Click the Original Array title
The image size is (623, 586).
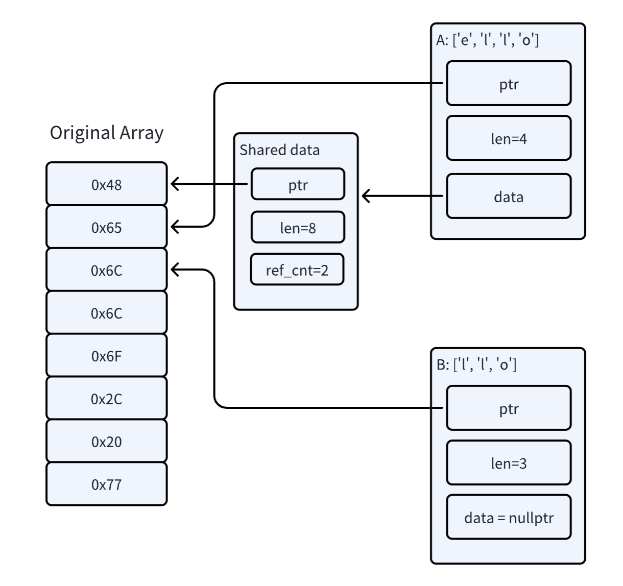[107, 133]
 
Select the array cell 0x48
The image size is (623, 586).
[107, 184]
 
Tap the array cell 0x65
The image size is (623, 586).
[107, 227]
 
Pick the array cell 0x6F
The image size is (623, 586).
[107, 356]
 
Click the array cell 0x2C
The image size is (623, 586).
[107, 399]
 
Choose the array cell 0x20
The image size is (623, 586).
[107, 442]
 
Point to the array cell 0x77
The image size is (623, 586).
[107, 484]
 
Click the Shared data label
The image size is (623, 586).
[279, 150]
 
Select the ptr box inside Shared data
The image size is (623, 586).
[298, 184]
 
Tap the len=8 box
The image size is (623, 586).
[298, 228]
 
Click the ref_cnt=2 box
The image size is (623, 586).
[297, 270]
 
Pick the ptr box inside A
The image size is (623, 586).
[509, 84]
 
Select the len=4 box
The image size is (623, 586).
[509, 138]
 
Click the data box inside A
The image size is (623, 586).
[509, 197]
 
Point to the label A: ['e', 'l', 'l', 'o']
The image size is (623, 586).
[487, 40]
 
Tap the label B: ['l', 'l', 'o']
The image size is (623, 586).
[476, 364]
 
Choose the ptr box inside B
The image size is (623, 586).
[509, 408]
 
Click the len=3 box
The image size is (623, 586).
[509, 463]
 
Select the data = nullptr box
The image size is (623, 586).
[509, 518]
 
